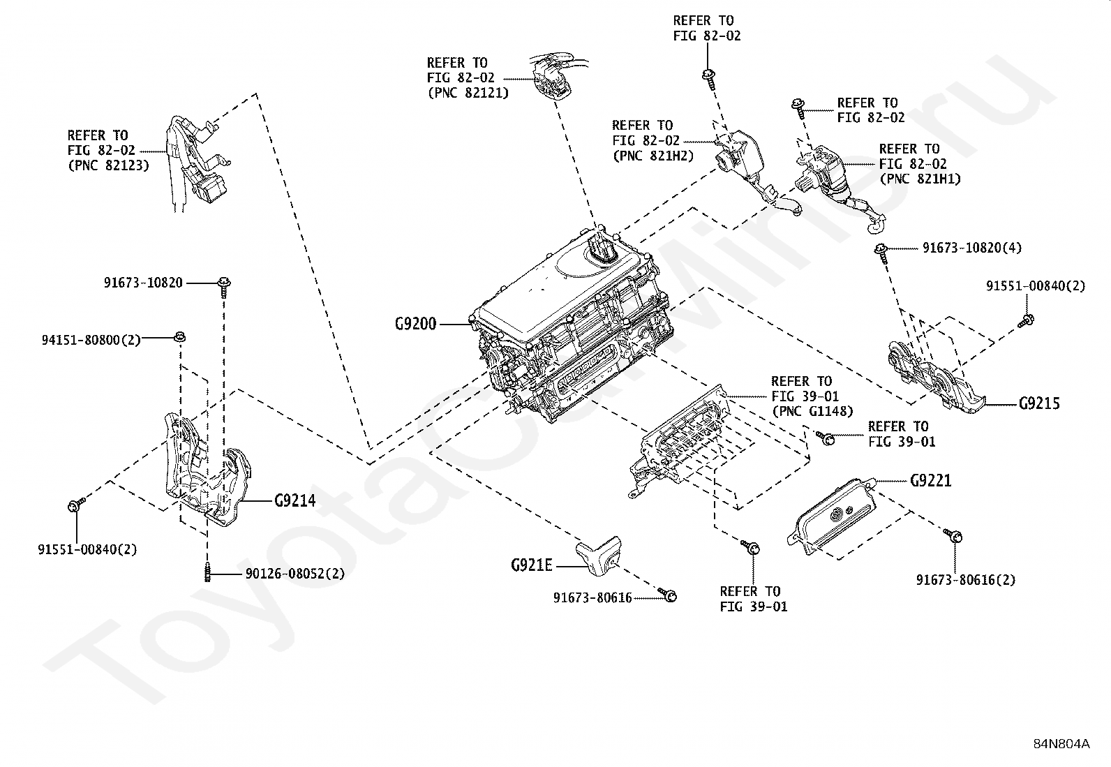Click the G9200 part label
pyautogui.click(x=416, y=324)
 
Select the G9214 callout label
pyautogui.click(x=295, y=500)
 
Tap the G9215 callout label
pyautogui.click(x=1039, y=403)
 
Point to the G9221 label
pyautogui.click(x=930, y=480)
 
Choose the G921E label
pyautogui.click(x=532, y=565)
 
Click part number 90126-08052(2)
pyautogui.click(x=295, y=574)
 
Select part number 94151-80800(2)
pyautogui.click(x=91, y=340)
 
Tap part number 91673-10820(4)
pyautogui.click(x=972, y=248)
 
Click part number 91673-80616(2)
pyautogui.click(x=966, y=579)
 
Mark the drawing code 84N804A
pyautogui.click(x=1061, y=744)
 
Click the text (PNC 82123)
pyautogui.click(x=109, y=165)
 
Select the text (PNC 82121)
pyautogui.click(x=468, y=93)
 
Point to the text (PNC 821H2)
pyautogui.click(x=653, y=156)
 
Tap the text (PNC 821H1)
pyautogui.click(x=920, y=179)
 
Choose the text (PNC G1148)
pyautogui.click(x=813, y=411)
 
